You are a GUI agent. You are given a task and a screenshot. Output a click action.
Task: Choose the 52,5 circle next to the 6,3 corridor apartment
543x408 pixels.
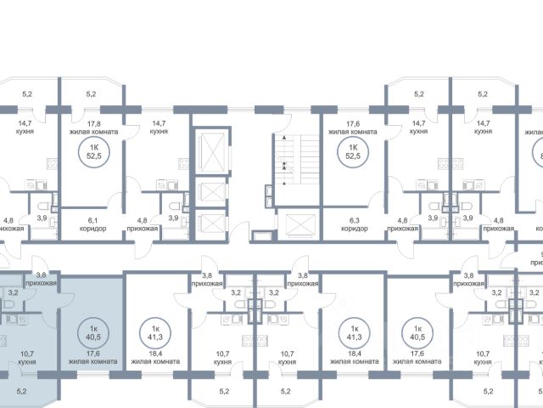[349, 153]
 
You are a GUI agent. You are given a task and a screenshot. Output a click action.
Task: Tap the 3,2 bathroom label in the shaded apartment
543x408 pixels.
[12, 293]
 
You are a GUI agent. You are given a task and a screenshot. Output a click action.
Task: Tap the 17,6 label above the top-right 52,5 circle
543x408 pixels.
[347, 127]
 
